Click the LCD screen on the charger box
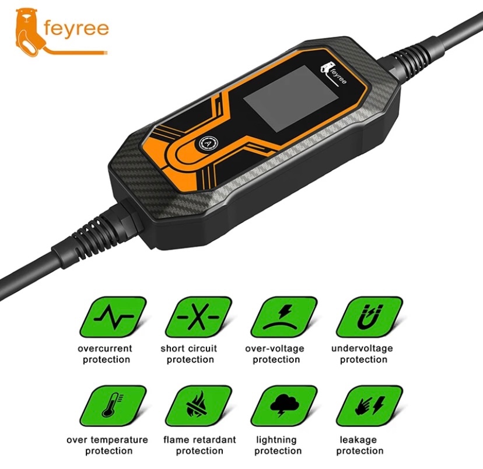tap(290, 99)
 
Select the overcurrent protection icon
tap(113, 317)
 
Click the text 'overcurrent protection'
tap(106, 354)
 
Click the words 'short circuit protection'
tap(189, 354)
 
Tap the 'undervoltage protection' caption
tap(362, 354)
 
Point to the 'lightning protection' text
tap(276, 445)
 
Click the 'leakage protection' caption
tap(360, 445)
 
